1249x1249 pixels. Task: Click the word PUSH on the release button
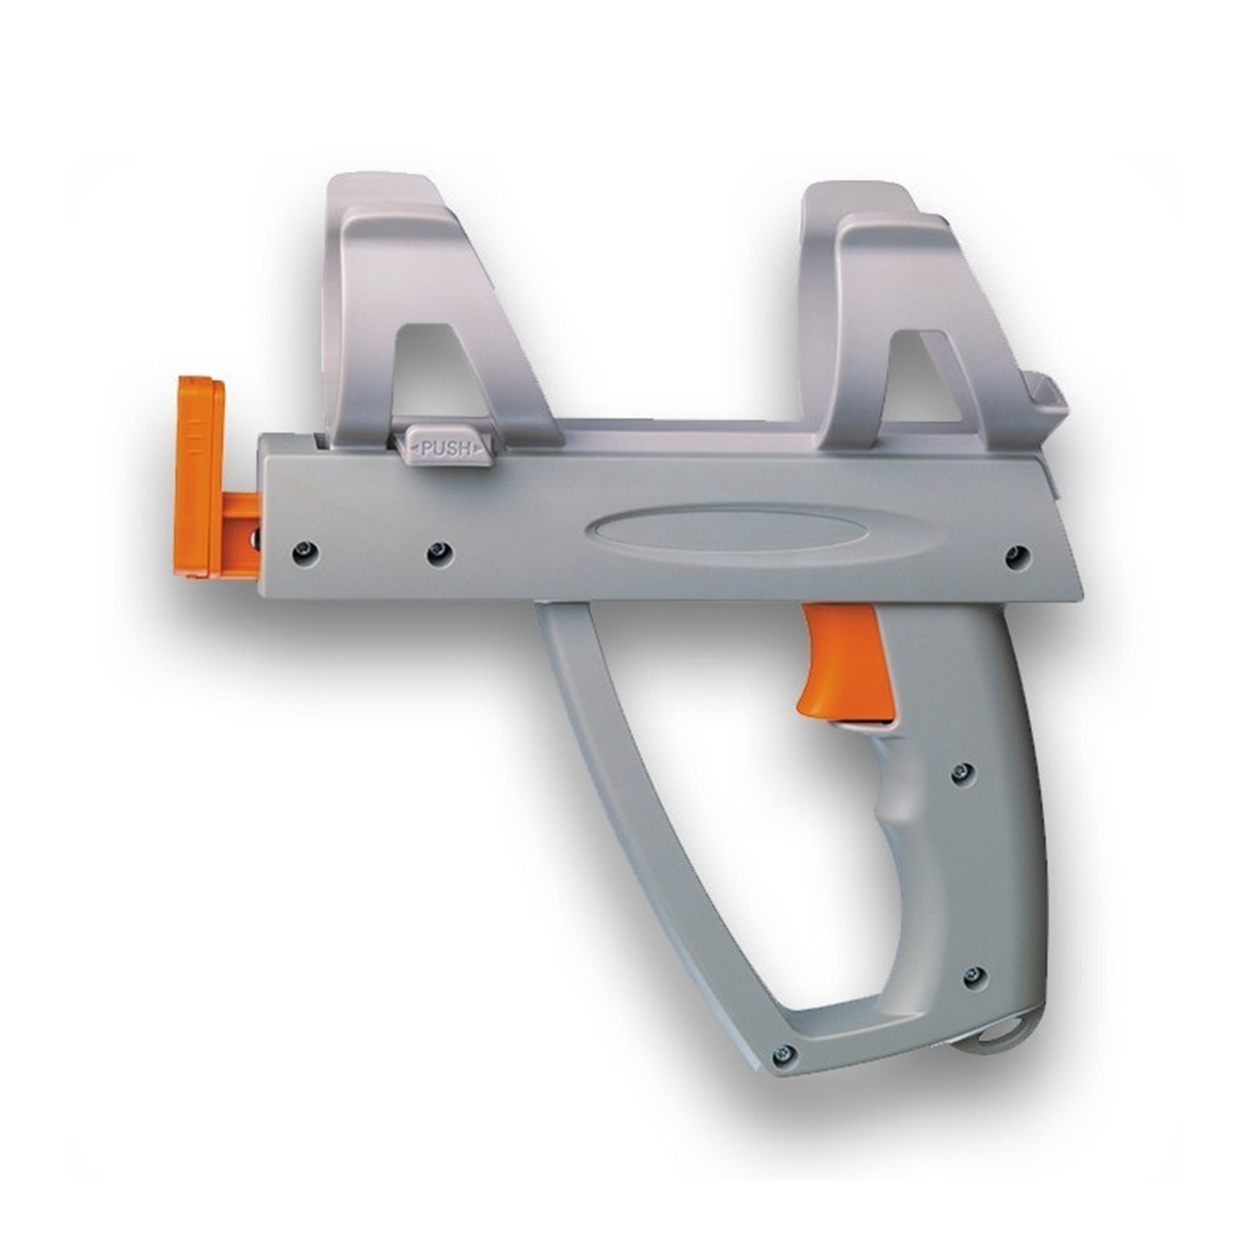tap(446, 449)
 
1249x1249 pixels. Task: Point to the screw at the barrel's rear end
tap(1017, 555)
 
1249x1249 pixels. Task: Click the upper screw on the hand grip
tap(963, 771)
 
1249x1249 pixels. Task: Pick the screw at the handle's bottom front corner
tap(783, 1054)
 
